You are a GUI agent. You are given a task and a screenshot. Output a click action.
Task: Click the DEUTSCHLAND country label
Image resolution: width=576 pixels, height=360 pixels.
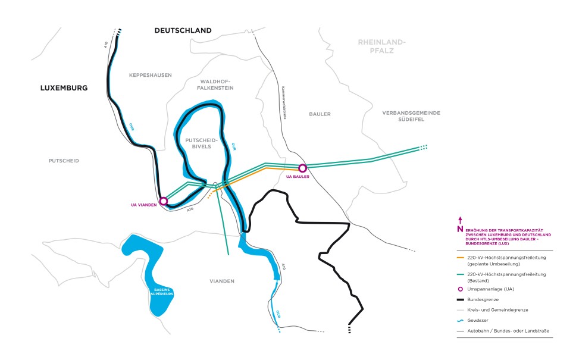[x=183, y=30]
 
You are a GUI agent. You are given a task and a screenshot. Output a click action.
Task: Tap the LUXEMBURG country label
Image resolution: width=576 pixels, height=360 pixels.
[x=64, y=87]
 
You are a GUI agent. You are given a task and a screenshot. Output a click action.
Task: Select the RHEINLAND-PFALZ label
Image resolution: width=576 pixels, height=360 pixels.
[x=381, y=46]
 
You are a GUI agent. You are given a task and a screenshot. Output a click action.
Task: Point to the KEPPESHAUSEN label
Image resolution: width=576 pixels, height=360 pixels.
[x=150, y=75]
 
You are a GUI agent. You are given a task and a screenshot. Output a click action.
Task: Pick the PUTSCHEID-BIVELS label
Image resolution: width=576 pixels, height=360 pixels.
[x=203, y=143]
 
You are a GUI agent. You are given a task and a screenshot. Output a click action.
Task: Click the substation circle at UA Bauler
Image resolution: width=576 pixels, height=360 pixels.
[x=302, y=168]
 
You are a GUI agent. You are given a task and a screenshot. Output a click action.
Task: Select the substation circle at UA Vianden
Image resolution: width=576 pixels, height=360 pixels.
[x=164, y=201]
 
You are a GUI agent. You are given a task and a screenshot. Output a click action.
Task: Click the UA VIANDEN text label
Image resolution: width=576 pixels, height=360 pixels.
[x=143, y=205]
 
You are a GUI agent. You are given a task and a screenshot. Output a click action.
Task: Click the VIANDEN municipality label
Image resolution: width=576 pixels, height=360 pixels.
[x=222, y=281]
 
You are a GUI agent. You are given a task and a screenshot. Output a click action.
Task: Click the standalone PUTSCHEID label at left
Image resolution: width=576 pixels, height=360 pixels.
[x=64, y=161]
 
